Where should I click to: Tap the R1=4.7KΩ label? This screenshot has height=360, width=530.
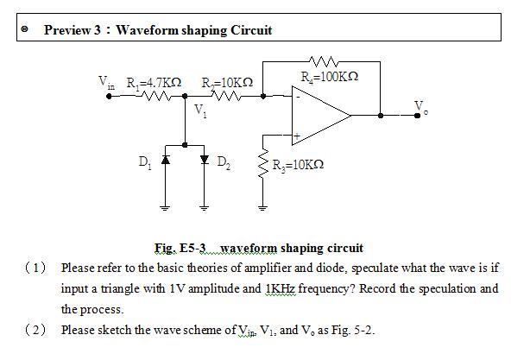pos(153,83)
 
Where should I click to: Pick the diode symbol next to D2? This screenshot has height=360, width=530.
pos(204,161)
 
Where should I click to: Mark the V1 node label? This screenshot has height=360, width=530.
pos(200,111)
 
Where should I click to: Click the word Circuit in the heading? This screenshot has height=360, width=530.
pos(251,30)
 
